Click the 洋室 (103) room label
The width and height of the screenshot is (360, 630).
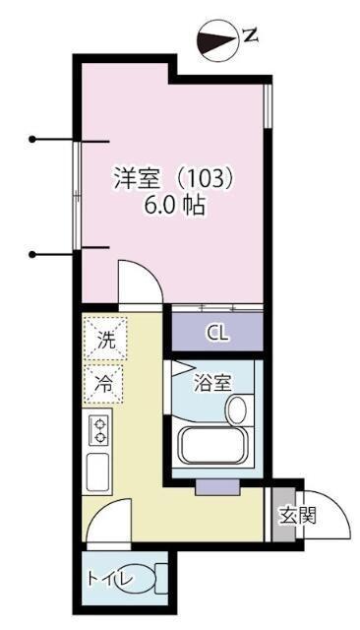tap(173, 180)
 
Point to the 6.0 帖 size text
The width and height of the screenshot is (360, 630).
tap(174, 208)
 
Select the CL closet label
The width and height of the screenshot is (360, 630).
tap(217, 333)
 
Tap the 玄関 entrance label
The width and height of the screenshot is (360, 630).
tap(295, 516)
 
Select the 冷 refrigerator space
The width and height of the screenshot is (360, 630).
tap(103, 385)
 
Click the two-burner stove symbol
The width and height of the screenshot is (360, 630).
tap(99, 429)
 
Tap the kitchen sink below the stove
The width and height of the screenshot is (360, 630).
tap(99, 472)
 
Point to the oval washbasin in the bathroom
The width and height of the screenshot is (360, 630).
tap(237, 408)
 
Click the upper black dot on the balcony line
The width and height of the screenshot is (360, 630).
tap(32, 139)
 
